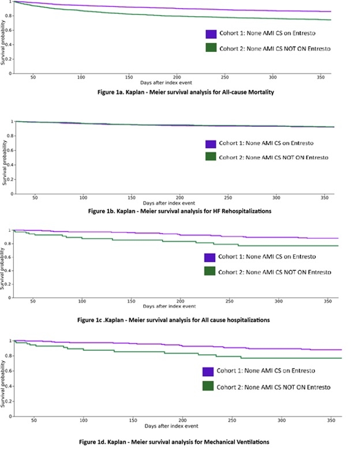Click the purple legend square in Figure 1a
point(211,34)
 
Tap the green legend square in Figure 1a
point(211,48)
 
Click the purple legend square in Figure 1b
point(211,144)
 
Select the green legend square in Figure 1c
point(209,271)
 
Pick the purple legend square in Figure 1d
point(208,372)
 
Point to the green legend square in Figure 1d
point(208,386)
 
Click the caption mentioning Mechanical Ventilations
point(175,441)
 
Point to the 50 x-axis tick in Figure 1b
point(35,197)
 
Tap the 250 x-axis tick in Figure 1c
point(229,301)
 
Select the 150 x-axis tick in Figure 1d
point(133,421)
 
